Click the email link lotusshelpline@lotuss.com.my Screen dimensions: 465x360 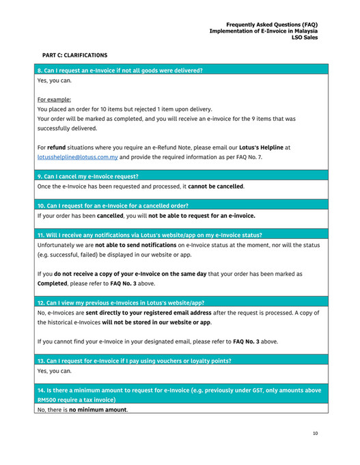click(x=78, y=156)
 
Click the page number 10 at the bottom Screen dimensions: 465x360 click(x=315, y=433)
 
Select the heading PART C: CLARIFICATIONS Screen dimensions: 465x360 click(x=74, y=55)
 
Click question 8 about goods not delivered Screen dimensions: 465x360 click(x=120, y=70)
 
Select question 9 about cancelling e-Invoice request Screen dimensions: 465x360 click(x=88, y=176)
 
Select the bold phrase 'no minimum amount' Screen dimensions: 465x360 click(x=98, y=410)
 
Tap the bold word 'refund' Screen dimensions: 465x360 click(x=56, y=147)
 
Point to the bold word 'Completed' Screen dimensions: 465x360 click(x=52, y=283)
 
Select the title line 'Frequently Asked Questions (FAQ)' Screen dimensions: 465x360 click(x=272, y=24)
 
